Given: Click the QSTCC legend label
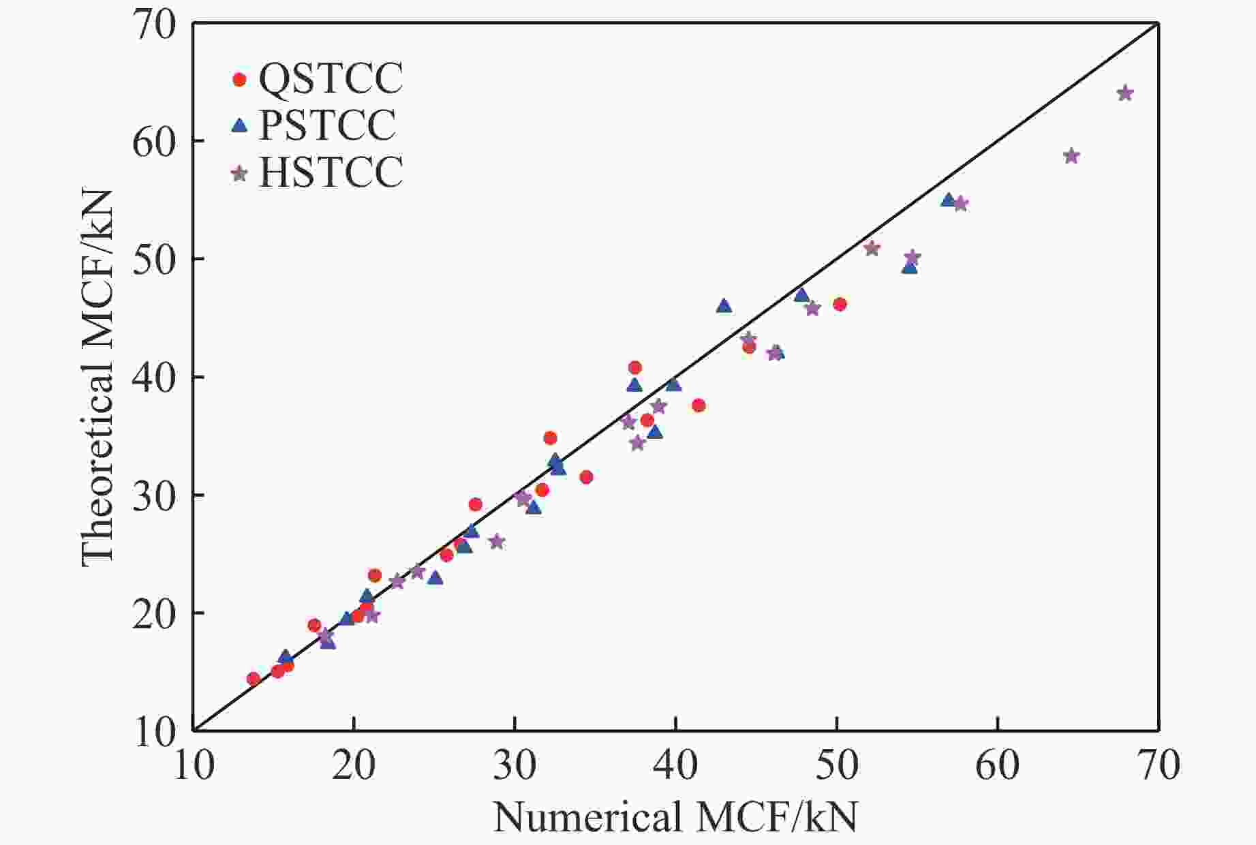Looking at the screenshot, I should (x=331, y=79).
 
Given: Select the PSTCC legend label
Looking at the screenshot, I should (x=327, y=125).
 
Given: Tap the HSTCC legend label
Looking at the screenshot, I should (x=331, y=172).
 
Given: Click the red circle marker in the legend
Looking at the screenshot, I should (x=239, y=80).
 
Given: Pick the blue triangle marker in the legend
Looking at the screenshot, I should (x=239, y=125).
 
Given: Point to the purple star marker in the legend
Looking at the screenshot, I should (x=239, y=173).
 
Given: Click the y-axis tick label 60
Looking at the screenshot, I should (x=154, y=141).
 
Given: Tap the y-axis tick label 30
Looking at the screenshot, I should (x=154, y=495).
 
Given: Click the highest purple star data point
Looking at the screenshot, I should (x=1125, y=93).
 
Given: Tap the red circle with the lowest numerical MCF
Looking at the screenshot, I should (x=254, y=679).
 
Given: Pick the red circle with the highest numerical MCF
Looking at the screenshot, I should (x=840, y=304).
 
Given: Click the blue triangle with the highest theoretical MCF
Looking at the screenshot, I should (x=948, y=200).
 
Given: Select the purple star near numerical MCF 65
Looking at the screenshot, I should (x=1071, y=156).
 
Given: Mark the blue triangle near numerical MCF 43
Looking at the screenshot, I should (x=724, y=306).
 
